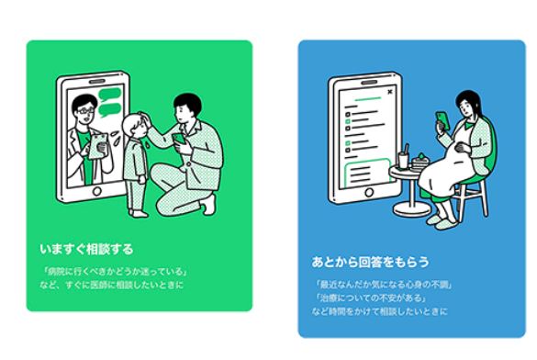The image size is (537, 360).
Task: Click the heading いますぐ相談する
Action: pyautogui.click(x=86, y=249)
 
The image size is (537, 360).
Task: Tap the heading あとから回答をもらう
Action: pyautogui.click(x=370, y=262)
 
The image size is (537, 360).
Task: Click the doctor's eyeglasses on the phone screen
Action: pyautogui.click(x=85, y=110)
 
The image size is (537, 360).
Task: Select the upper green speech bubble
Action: pyautogui.click(x=109, y=94)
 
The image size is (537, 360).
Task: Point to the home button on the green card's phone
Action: pyautogui.click(x=97, y=191)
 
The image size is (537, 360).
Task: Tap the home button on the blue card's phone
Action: pyautogui.click(x=369, y=192)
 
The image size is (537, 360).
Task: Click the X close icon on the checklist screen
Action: pyautogui.click(x=390, y=92)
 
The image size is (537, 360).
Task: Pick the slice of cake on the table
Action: pyautogui.click(x=420, y=162)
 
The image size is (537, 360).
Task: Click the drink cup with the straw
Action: pyautogui.click(x=403, y=158)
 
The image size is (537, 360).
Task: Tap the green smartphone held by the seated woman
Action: pyautogui.click(x=442, y=119)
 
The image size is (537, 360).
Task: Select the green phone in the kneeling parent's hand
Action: pyautogui.click(x=179, y=139)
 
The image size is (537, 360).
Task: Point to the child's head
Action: pyautogui.click(x=135, y=126)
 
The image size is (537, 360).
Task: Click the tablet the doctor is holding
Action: pyautogui.click(x=98, y=146)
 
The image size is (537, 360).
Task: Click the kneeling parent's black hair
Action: pyautogui.click(x=187, y=103)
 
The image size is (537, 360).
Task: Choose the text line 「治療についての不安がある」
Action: pyautogui.click(x=371, y=298)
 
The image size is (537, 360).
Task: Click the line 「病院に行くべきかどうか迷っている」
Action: pyautogui.click(x=115, y=272)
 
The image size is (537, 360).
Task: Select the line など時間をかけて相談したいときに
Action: pyautogui.click(x=379, y=311)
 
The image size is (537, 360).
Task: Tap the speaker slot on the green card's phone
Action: pyautogui.click(x=97, y=82)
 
